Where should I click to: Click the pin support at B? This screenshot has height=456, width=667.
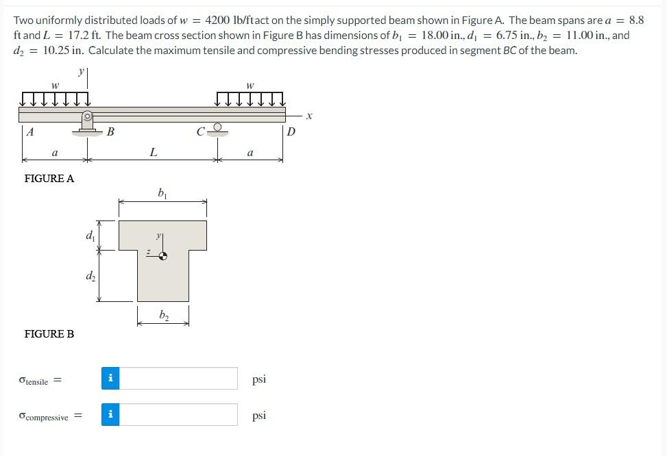point(87,123)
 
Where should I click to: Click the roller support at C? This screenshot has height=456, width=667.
point(217,129)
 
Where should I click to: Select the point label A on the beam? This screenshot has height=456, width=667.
point(29,131)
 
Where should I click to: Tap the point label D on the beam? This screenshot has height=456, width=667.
point(291,131)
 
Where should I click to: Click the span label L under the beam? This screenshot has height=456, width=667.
point(153,152)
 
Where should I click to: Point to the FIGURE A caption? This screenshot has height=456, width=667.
point(49,179)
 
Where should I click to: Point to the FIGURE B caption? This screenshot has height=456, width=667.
point(49,334)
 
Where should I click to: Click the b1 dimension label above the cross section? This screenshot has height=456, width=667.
point(162,193)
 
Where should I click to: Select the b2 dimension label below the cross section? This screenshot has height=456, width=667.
point(164,315)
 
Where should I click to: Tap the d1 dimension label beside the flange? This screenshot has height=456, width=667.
point(90,235)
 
